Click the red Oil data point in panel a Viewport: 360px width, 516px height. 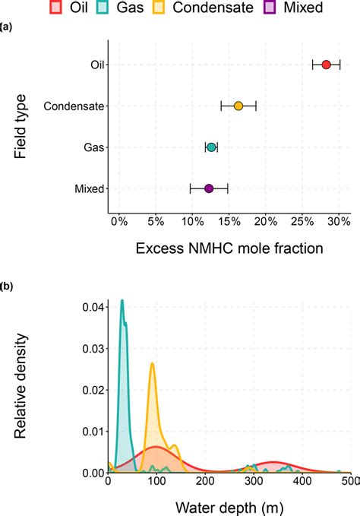click(326, 65)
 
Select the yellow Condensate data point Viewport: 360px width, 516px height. click(238, 106)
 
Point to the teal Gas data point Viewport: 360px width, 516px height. click(211, 147)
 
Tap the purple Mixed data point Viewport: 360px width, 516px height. click(209, 188)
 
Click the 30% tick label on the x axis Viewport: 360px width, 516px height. click(338, 221)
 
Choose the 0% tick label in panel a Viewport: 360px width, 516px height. click(118, 221)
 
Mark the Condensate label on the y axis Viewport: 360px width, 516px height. click(74, 106)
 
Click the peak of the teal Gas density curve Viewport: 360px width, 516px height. click(122, 301)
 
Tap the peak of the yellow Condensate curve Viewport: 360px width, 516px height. click(153, 364)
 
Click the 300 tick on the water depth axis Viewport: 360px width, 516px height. click(253, 482)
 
